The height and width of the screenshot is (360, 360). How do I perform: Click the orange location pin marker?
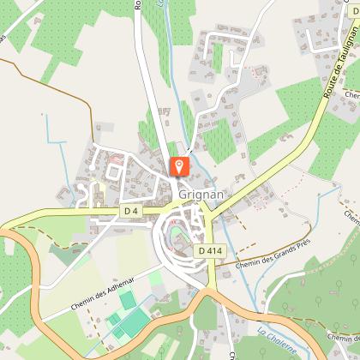[180, 165]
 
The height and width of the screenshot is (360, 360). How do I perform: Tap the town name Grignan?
[202, 195]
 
